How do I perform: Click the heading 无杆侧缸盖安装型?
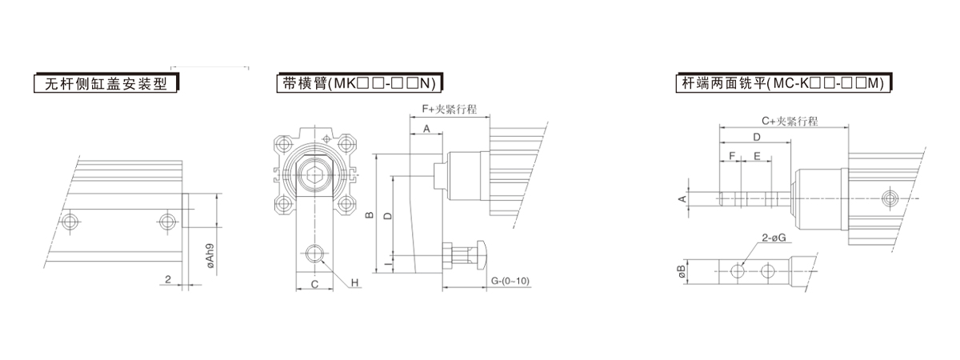tap(106, 83)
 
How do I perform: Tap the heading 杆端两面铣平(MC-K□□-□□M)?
tap(783, 83)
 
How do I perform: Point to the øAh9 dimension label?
tap(210, 256)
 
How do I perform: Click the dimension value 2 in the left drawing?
tap(168, 279)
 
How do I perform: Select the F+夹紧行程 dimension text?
tap(449, 110)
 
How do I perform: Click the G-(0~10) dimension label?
tap(510, 281)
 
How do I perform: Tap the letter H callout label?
tap(354, 283)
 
